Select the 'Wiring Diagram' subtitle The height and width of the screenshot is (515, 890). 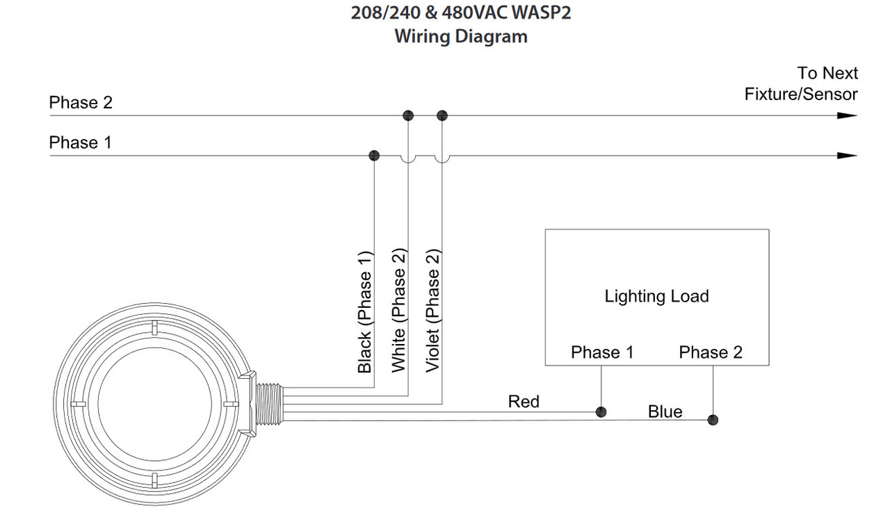[x=461, y=36]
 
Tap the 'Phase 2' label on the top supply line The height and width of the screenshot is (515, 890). [x=81, y=103]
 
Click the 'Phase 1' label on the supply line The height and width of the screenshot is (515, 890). [x=81, y=142]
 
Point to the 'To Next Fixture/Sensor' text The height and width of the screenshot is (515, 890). [x=801, y=83]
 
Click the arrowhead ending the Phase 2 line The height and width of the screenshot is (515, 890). [x=847, y=115]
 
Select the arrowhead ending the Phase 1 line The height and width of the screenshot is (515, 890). [x=847, y=155]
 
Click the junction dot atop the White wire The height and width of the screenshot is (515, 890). [x=408, y=115]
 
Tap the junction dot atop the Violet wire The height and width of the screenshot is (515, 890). [x=442, y=115]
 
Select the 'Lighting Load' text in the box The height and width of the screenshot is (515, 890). [x=656, y=296]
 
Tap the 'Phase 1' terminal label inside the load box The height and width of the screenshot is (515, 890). [x=602, y=352]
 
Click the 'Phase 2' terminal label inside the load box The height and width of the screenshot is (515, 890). [x=711, y=352]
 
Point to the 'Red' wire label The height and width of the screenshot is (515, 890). [x=524, y=401]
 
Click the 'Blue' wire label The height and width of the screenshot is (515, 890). [x=665, y=411]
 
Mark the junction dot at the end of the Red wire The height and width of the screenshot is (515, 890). [x=601, y=412]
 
